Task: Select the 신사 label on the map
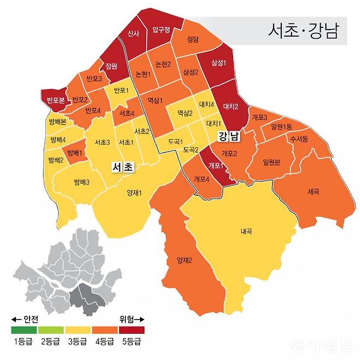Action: [x=132, y=33]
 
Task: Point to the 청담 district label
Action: [x=192, y=39]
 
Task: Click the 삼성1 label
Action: [x=218, y=63]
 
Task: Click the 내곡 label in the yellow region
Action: [x=246, y=231]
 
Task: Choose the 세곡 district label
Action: [x=313, y=191]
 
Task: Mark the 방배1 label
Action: [x=73, y=153]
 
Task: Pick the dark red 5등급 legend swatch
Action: [x=131, y=330]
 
